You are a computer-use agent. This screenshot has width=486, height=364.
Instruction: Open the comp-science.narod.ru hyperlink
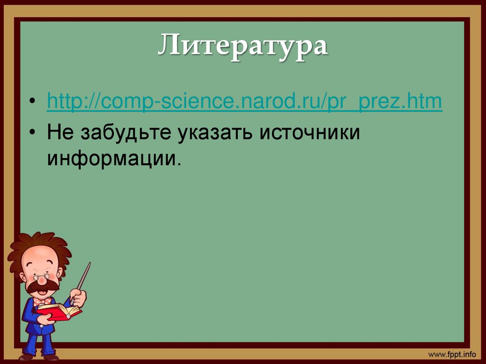click(244, 103)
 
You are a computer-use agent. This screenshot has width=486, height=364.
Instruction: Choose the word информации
click(112, 159)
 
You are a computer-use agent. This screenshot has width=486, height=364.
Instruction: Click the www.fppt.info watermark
click(451, 355)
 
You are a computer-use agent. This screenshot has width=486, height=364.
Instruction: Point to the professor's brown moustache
click(42, 286)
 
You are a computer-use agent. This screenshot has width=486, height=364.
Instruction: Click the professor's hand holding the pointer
click(78, 297)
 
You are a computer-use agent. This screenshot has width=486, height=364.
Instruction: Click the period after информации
click(179, 163)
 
